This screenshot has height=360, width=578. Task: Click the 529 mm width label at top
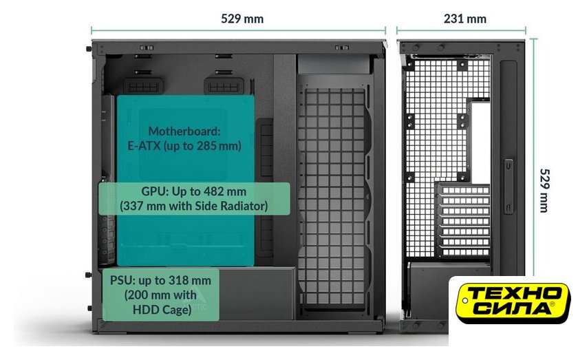pyautogui.click(x=242, y=19)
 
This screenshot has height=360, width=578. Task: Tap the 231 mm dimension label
pyautogui.click(x=464, y=19)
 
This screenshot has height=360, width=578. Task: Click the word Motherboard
pyautogui.click(x=184, y=131)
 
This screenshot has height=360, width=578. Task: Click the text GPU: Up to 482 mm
pyautogui.click(x=193, y=191)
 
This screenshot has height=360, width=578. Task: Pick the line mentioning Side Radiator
pyautogui.click(x=193, y=205)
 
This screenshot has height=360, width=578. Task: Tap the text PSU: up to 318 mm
pyautogui.click(x=161, y=280)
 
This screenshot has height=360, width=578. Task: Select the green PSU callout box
pyautogui.click(x=161, y=295)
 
